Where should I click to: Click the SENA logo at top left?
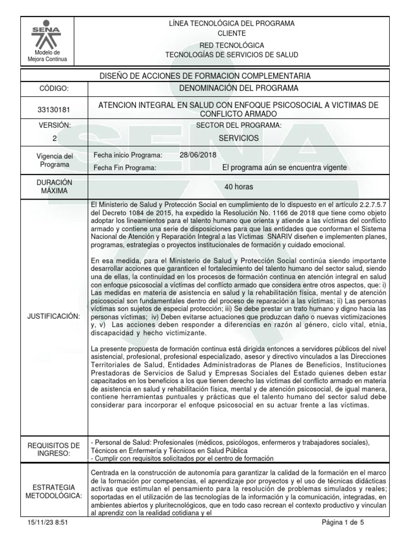pos(47,35)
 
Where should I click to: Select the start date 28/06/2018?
pos(198,155)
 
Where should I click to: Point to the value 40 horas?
pos(239,187)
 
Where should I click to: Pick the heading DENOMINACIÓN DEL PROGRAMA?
pos(239,88)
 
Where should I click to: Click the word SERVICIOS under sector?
pos(239,138)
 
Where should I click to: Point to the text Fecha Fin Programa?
pos(125,168)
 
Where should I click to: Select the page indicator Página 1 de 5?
pos(343,523)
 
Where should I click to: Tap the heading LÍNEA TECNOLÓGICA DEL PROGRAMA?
pos(239,23)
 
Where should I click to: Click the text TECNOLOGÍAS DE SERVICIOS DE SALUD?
pos(239,55)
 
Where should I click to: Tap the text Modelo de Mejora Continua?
pos(47,56)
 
